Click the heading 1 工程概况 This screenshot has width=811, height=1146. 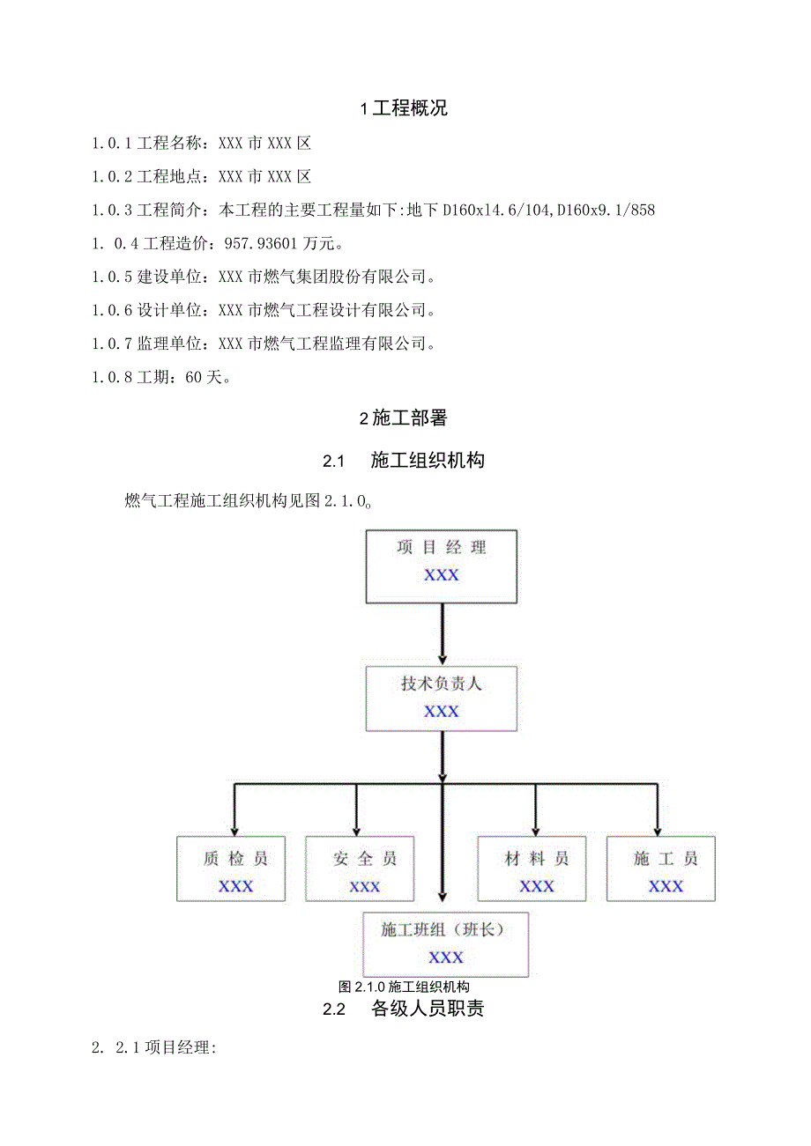(405, 109)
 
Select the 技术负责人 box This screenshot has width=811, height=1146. (442, 698)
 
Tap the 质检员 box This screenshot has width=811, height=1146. (231, 869)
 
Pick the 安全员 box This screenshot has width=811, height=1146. (360, 869)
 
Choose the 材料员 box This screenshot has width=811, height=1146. (532, 869)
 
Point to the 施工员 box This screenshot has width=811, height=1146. (661, 869)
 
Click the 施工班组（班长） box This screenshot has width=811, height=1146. (446, 944)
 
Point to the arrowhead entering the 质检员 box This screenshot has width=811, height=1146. (234, 828)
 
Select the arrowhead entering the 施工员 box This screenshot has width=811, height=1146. (658, 828)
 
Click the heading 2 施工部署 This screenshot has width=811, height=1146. (404, 419)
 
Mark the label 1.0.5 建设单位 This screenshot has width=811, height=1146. (148, 277)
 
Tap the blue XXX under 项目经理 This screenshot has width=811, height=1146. (442, 575)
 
